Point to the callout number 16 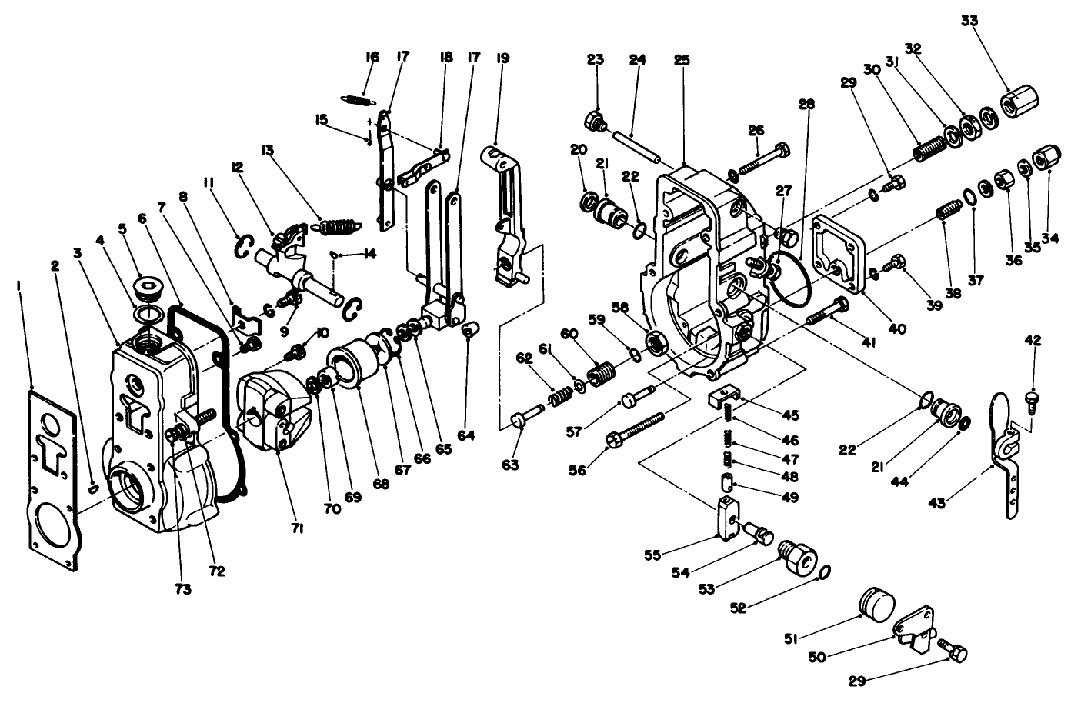[372, 56]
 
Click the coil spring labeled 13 [338, 226]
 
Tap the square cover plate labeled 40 [842, 252]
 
